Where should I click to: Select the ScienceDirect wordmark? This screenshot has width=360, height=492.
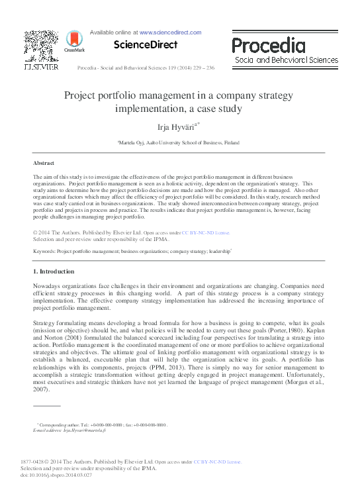click(x=146, y=45)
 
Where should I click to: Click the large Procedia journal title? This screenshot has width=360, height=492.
click(x=269, y=45)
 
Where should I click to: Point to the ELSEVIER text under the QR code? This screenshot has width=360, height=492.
click(x=40, y=67)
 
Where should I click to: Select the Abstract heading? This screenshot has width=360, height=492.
click(x=44, y=162)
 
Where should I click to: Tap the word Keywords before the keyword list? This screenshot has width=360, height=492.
click(x=44, y=252)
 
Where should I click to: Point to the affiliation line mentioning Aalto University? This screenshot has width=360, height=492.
click(x=179, y=142)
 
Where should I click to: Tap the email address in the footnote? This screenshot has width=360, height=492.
click(x=91, y=430)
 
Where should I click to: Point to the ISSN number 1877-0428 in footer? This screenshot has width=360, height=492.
click(x=46, y=462)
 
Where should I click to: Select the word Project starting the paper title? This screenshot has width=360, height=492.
click(x=81, y=95)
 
